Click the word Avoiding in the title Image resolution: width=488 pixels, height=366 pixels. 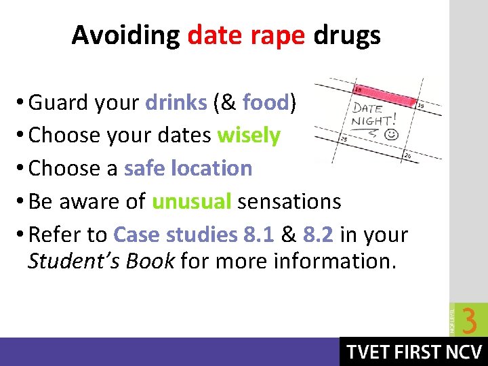[125, 35]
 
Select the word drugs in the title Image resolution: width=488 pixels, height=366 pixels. [346, 35]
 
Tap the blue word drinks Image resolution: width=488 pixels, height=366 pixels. [176, 102]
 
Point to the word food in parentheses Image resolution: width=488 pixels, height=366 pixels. [265, 102]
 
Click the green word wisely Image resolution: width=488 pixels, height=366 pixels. [248, 136]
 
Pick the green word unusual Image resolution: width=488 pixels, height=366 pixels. [192, 201]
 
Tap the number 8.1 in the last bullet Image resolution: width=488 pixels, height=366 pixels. [258, 235]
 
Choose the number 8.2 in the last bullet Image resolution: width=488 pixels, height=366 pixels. [319, 235]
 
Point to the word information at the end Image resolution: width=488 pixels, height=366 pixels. [333, 261]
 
